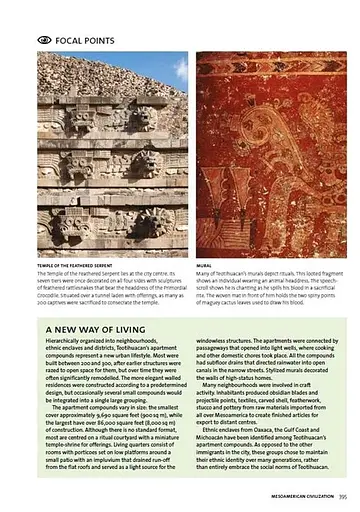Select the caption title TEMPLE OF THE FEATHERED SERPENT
[x=82, y=264]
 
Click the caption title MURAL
[x=205, y=264]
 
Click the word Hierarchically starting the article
[x=64, y=342]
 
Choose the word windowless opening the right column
[x=217, y=342]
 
